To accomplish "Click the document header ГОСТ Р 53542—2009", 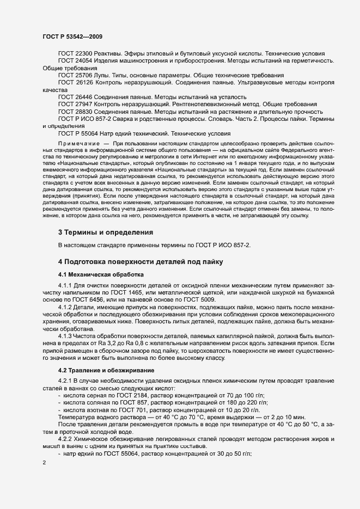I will pos(72,36).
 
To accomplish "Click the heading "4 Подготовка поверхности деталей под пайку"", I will pos(141,261).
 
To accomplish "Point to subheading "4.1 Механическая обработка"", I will pos(101,274).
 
